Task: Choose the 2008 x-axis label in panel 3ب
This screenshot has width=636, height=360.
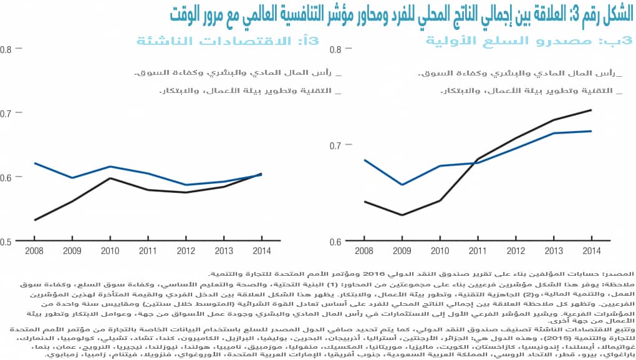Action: pyautogui.click(x=364, y=251)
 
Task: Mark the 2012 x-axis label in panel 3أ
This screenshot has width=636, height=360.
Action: pyautogui.click(x=185, y=251)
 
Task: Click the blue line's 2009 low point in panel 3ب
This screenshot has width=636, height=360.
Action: pyautogui.click(x=402, y=185)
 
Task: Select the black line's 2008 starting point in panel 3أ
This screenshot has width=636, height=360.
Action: pyautogui.click(x=35, y=220)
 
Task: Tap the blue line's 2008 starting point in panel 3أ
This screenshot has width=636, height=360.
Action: pyautogui.click(x=35, y=163)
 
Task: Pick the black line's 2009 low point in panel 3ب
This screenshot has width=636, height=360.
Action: pyautogui.click(x=402, y=215)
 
